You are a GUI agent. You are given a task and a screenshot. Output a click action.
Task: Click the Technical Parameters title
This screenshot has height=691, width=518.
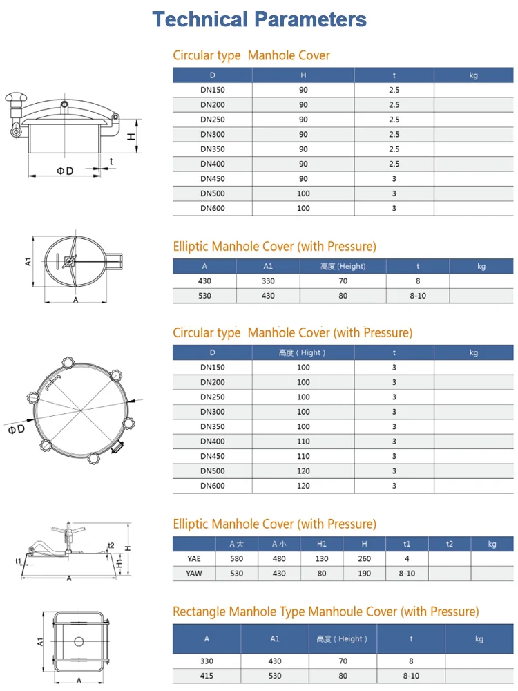coord(259,19)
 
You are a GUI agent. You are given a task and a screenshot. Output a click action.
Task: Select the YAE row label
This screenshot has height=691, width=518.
coord(194,558)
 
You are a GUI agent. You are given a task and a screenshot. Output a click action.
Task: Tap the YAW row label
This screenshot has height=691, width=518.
coord(194,574)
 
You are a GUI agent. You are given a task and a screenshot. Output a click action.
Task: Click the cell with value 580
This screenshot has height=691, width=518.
coord(236,558)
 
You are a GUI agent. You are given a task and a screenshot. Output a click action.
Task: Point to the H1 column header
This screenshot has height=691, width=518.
coord(321,544)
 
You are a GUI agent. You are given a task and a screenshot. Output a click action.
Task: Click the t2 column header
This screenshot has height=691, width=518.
coord(450,544)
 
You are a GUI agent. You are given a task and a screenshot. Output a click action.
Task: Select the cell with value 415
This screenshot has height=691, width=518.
coord(207,676)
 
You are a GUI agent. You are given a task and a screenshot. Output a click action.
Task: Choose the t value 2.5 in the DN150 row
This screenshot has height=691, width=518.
coord(394,90)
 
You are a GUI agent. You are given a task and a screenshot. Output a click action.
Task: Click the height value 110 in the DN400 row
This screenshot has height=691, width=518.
coord(303,442)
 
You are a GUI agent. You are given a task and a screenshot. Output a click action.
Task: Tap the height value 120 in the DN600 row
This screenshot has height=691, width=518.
coord(303,486)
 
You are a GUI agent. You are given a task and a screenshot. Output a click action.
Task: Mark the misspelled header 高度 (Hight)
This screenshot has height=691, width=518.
coord(303,352)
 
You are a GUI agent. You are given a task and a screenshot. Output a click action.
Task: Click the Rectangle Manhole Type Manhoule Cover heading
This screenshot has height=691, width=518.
coord(325,612)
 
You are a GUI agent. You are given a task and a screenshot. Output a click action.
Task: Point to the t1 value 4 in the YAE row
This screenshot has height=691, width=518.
coord(407,558)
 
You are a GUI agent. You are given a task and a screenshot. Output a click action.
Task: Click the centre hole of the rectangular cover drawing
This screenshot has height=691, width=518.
coord(79,641)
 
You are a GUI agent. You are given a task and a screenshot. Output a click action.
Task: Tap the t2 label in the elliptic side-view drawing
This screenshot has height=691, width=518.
coord(111,545)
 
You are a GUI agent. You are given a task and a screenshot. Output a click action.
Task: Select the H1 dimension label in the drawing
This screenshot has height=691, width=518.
coord(118,564)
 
